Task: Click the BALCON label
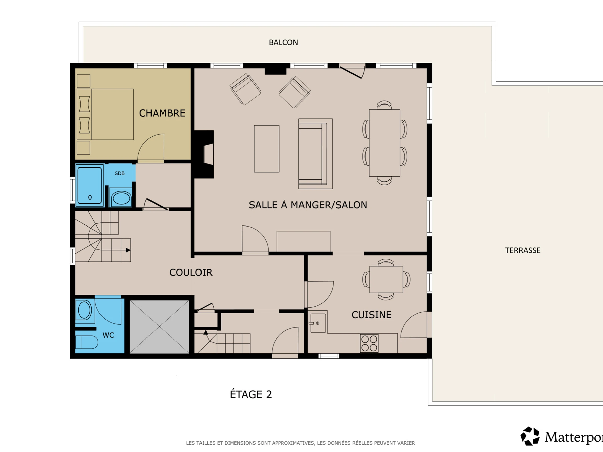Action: pyautogui.click(x=283, y=42)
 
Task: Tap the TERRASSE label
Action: pyautogui.click(x=523, y=250)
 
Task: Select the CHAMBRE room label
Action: pyautogui.click(x=162, y=113)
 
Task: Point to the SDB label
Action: pyautogui.click(x=119, y=173)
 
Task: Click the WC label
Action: pyautogui.click(x=108, y=335)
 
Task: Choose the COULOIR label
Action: pyautogui.click(x=191, y=272)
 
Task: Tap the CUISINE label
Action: pyautogui.click(x=371, y=315)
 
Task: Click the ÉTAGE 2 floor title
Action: pyautogui.click(x=251, y=394)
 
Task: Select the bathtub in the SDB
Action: pyautogui.click(x=89, y=186)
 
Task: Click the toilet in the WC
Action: pyautogui.click(x=87, y=342)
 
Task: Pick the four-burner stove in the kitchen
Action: pyautogui.click(x=369, y=343)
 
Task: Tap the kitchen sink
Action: pyautogui.click(x=318, y=323)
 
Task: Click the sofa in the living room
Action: pyautogui.click(x=315, y=154)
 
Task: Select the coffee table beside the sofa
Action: pyautogui.click(x=267, y=149)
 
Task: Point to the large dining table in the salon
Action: pyautogui.click(x=385, y=143)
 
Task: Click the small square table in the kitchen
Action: pyautogui.click(x=386, y=279)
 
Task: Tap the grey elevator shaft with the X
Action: pyautogui.click(x=159, y=327)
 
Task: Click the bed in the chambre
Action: pyautogui.click(x=105, y=115)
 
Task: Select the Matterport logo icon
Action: pyautogui.click(x=530, y=436)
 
